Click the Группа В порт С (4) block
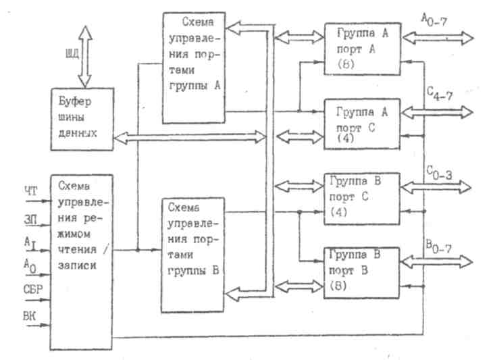(362, 195)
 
